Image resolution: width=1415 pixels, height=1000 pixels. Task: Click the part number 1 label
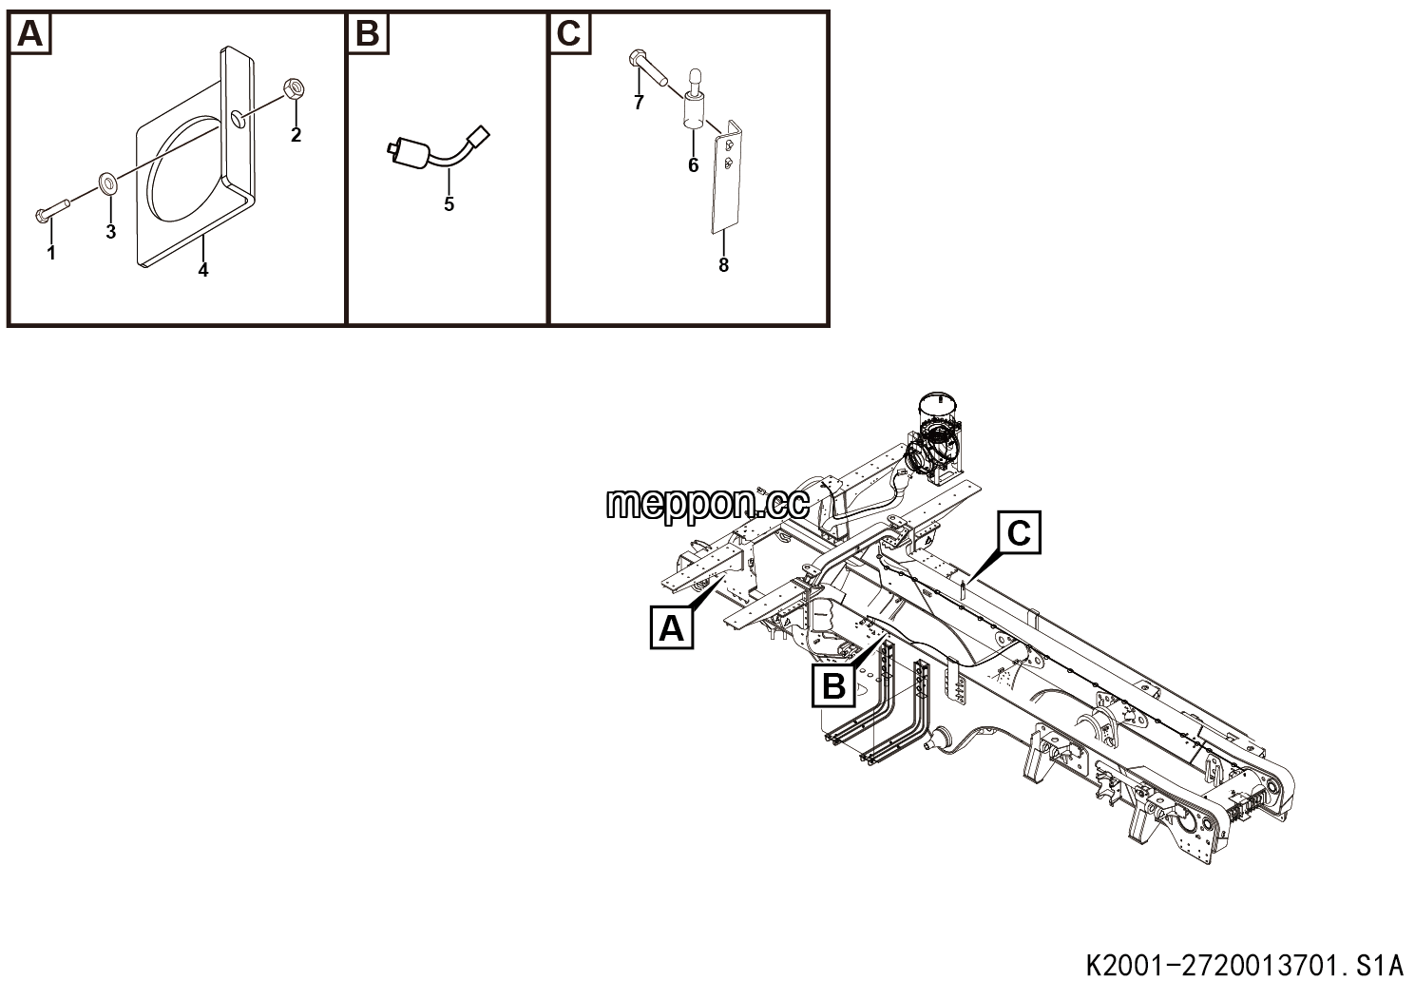51,253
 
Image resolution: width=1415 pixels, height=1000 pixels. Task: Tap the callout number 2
296,135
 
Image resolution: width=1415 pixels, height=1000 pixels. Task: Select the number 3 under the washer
111,232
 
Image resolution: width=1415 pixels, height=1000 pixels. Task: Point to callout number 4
202,270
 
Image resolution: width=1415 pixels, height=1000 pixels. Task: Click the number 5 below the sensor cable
449,204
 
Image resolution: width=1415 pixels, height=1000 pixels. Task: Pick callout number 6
693,165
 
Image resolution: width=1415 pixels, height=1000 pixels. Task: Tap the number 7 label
639,103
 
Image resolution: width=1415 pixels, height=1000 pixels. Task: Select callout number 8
724,265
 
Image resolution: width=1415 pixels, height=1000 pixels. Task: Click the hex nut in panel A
295,87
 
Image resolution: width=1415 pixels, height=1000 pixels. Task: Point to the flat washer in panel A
106,183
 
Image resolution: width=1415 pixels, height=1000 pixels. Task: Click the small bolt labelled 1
52,210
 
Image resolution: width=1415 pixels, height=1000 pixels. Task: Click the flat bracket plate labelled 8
726,178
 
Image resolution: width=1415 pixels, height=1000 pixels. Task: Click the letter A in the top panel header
30,34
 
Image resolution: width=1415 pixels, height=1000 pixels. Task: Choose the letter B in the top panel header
369,34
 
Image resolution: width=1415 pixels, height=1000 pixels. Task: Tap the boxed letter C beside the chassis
1019,533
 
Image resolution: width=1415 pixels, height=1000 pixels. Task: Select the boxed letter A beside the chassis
672,627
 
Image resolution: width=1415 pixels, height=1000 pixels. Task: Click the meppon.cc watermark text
707,505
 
